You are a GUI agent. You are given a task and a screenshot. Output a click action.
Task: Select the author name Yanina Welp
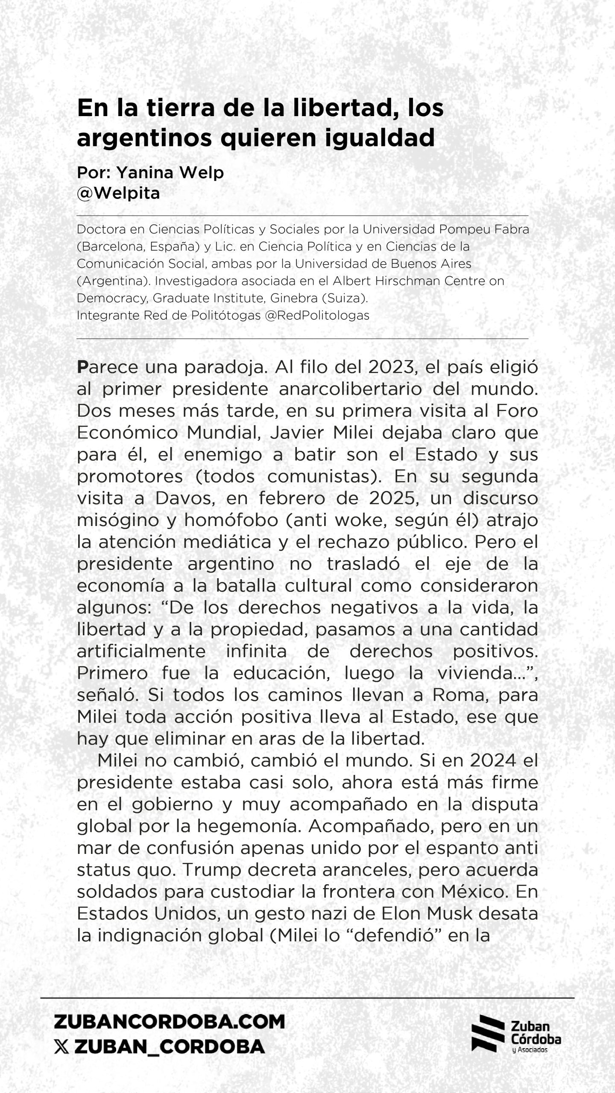[170, 172]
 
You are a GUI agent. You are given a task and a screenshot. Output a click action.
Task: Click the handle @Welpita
[118, 193]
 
